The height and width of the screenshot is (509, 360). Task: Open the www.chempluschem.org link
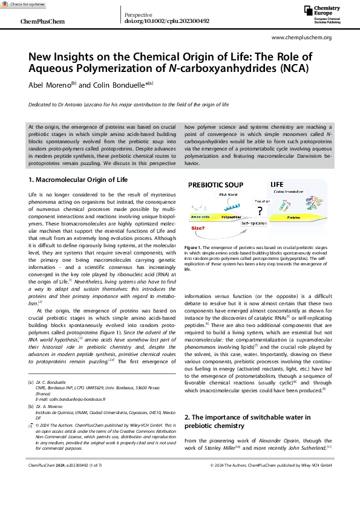(x=301, y=37)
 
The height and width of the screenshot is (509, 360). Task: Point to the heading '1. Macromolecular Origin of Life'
(x=79, y=180)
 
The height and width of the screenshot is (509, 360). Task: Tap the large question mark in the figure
(x=261, y=211)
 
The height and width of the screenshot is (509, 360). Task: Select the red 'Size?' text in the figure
(x=198, y=229)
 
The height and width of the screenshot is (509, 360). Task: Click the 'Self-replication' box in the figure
(x=254, y=224)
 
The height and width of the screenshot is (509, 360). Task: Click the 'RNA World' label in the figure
(x=228, y=195)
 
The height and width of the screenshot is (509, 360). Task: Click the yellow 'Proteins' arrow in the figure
(x=294, y=216)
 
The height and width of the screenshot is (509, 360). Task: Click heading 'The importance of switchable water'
(x=247, y=417)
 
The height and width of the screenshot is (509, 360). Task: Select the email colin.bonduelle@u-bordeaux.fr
(x=62, y=400)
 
